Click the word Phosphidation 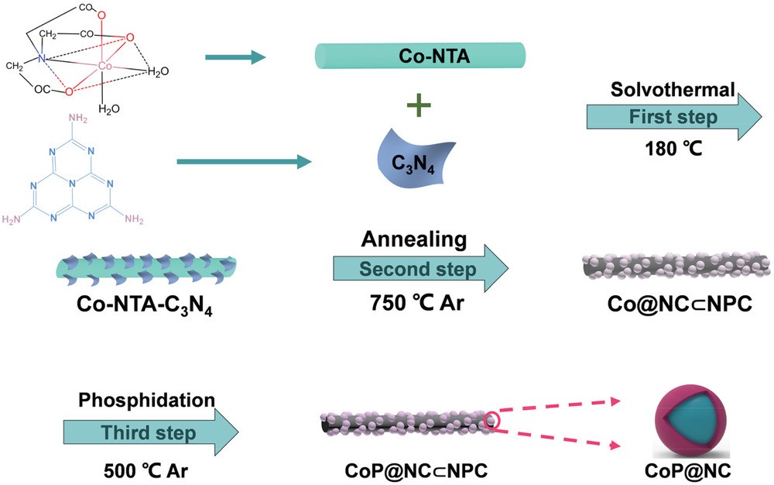[146, 401]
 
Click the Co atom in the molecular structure [107, 68]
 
